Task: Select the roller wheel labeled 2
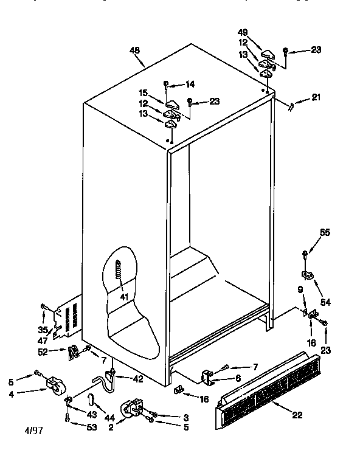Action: tap(133, 409)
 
